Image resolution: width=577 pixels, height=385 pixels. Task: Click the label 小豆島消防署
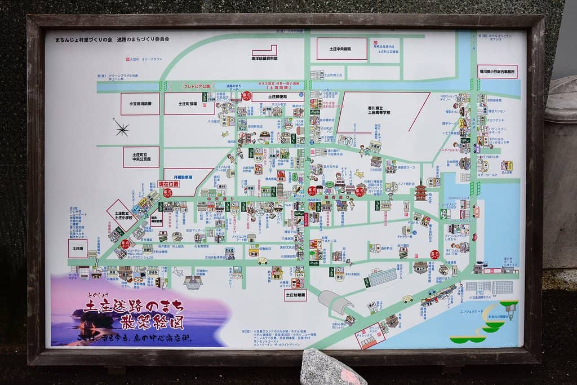(140, 104)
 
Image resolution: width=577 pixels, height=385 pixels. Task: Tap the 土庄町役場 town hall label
(189, 104)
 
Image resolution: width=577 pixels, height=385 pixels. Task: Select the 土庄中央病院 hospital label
(341, 49)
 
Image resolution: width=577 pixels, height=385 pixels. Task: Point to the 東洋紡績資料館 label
(264, 58)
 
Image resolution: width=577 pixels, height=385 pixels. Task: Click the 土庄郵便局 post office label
(278, 97)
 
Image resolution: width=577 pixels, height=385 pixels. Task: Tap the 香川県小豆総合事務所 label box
(497, 72)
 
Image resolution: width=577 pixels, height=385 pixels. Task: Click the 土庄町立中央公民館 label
(141, 157)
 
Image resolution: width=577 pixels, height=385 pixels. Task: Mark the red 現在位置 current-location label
(168, 184)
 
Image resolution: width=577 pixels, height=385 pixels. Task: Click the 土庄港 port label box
(78, 248)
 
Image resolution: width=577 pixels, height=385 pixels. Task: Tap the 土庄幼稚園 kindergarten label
(295, 295)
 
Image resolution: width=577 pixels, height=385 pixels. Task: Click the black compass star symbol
(121, 129)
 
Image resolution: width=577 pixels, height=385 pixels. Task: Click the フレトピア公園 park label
(197, 86)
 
